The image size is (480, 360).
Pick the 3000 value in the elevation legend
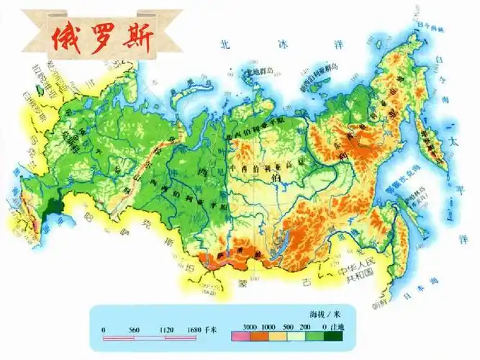coord(250,327)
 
